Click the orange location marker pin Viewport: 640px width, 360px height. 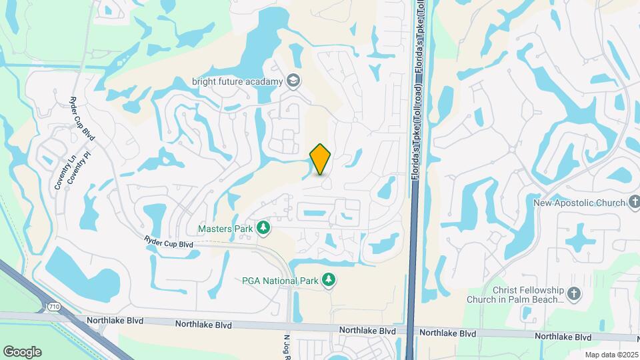click(321, 159)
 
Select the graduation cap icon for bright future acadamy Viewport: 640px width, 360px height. click(293, 81)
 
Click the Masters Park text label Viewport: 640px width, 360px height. click(225, 229)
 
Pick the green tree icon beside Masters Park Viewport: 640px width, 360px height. click(264, 229)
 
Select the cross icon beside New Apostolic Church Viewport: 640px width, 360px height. click(633, 202)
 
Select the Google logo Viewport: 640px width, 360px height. click(22, 351)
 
